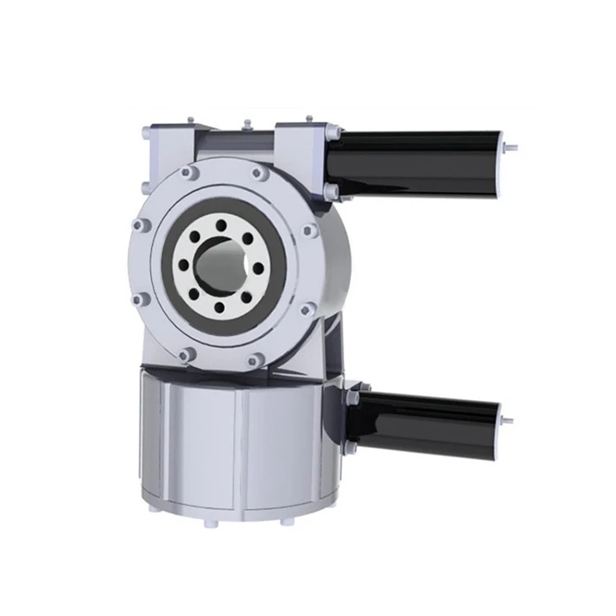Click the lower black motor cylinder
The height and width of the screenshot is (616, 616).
point(427,422)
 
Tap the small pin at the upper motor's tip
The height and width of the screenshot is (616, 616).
point(512,149)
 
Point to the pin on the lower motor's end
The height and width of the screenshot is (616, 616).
point(507,421)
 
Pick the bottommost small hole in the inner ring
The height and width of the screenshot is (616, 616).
point(219,308)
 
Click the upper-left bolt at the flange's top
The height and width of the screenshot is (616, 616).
point(190,173)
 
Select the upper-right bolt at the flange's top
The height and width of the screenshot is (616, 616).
point(259,172)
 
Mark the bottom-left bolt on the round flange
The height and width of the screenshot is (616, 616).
point(188,355)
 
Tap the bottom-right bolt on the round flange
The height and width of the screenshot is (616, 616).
point(255,359)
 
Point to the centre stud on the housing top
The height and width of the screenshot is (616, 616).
point(246,126)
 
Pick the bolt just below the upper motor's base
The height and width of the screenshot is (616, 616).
point(332,192)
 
